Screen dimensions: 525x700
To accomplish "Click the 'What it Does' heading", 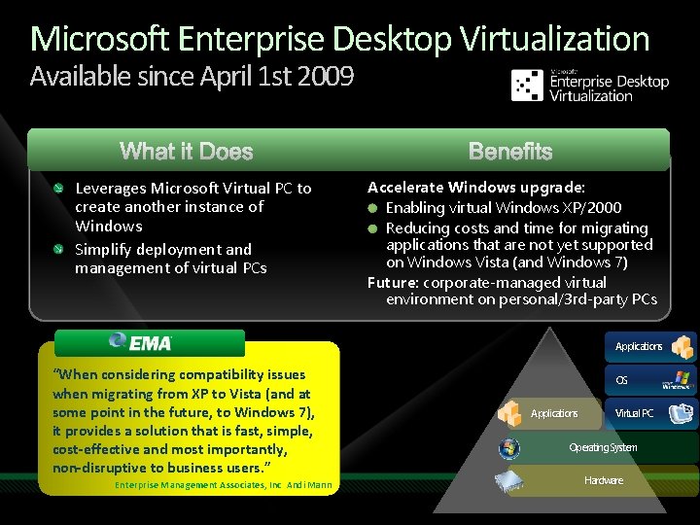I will tap(186, 152).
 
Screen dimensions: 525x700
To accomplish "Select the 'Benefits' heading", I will tap(509, 152).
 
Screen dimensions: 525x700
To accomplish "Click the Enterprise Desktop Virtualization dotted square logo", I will tap(527, 85).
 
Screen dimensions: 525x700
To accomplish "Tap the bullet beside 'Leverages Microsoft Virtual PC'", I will tap(60, 188).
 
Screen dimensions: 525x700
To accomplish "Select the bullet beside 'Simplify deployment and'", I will tap(60, 249).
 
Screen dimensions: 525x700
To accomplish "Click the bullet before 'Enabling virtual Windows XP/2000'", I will tap(373, 208).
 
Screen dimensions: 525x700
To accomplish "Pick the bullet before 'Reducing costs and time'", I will tap(373, 227).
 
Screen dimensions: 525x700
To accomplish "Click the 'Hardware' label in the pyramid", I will tap(604, 480).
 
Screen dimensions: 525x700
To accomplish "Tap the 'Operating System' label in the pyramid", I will tap(603, 447).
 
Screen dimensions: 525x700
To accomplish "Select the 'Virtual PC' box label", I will tap(634, 413).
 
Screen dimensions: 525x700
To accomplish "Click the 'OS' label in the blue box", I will tap(621, 380).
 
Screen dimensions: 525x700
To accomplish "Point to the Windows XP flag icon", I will tap(678, 379).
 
